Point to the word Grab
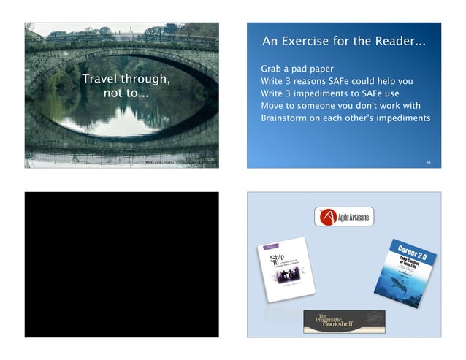(x=273, y=69)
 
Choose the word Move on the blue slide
(x=274, y=106)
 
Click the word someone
(x=321, y=106)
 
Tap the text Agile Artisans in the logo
(x=354, y=218)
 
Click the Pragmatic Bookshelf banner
(x=344, y=319)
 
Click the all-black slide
(x=121, y=264)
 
